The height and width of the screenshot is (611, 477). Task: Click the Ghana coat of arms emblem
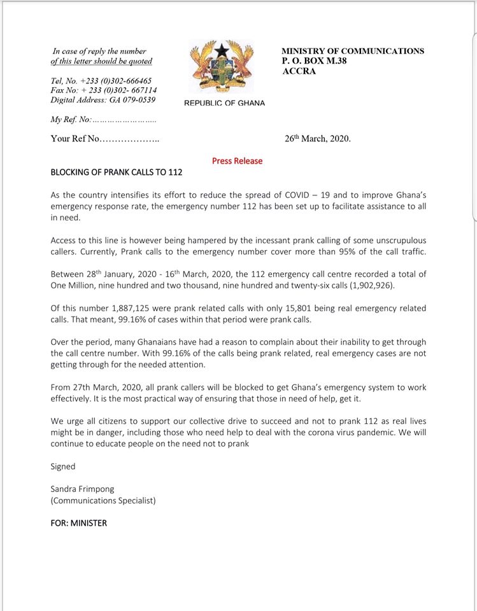pyautogui.click(x=222, y=68)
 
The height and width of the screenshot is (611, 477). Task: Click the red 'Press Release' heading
pyautogui.click(x=237, y=161)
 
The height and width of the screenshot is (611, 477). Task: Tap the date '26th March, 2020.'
pyautogui.click(x=317, y=138)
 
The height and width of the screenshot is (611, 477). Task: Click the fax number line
pyautogui.click(x=103, y=90)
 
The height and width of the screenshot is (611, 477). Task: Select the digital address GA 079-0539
pyautogui.click(x=103, y=100)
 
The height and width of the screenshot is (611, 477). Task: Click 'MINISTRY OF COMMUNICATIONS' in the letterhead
pyautogui.click(x=352, y=51)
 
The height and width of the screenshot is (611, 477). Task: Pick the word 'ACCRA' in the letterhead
pyautogui.click(x=299, y=71)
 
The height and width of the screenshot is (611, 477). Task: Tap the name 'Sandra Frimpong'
pyautogui.click(x=83, y=489)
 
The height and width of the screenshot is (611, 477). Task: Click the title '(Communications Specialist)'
pyautogui.click(x=103, y=500)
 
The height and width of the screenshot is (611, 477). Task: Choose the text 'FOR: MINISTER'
pyautogui.click(x=79, y=523)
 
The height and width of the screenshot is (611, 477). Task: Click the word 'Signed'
pyautogui.click(x=63, y=467)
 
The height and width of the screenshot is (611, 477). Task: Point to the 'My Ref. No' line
pyautogui.click(x=103, y=120)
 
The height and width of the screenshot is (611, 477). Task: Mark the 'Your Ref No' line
pyautogui.click(x=105, y=139)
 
